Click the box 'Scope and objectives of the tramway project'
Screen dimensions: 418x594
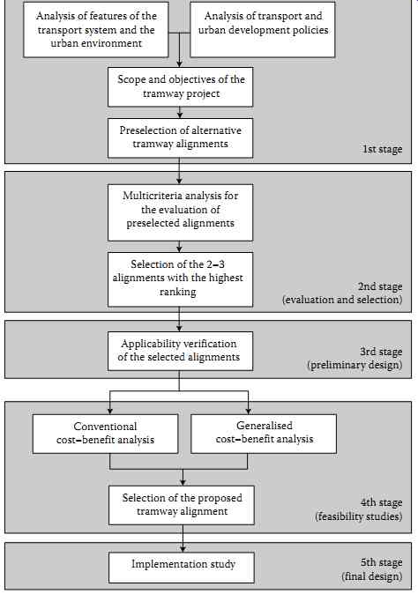tap(180, 86)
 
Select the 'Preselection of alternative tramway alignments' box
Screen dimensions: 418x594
tap(180, 137)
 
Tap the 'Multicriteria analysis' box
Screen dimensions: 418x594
tap(180, 212)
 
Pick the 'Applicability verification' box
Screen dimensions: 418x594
tap(180, 351)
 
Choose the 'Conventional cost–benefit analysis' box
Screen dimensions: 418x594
tap(105, 434)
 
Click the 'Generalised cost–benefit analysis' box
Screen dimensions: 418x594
tap(264, 434)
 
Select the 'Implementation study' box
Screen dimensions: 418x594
tap(182, 568)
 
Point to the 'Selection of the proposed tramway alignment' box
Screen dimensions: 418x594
tap(182, 505)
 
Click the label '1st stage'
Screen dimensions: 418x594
tap(382, 149)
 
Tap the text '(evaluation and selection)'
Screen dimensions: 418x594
tap(342, 300)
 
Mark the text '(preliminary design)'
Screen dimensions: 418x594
tap(355, 365)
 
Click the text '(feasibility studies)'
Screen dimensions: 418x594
tap(359, 516)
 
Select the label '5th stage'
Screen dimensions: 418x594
tap(381, 562)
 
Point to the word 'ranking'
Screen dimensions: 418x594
tap(178, 292)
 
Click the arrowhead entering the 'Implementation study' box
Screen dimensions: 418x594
tap(183, 548)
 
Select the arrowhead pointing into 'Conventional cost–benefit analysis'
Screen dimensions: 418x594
tap(110, 411)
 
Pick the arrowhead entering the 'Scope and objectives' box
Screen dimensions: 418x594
tap(180, 64)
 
